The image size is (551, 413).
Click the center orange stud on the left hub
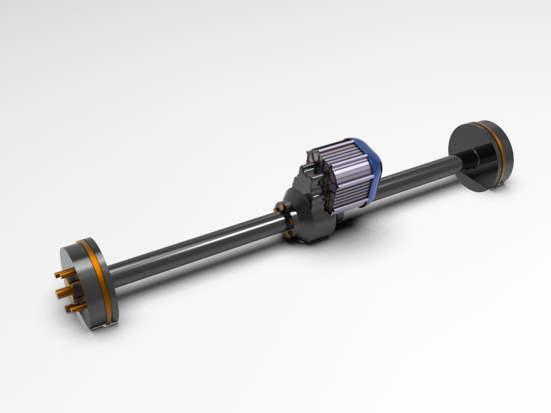click(61, 291)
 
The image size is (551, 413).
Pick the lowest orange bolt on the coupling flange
click(290, 235)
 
